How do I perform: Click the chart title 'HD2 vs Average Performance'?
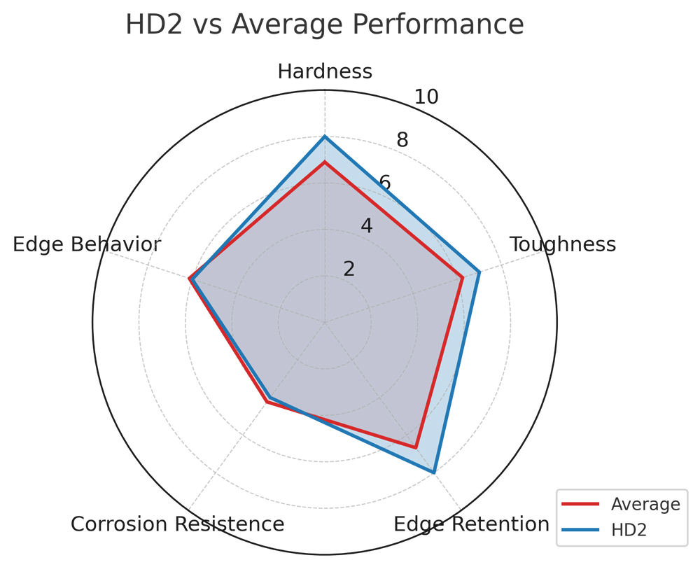click(x=324, y=25)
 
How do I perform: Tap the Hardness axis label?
click(x=324, y=71)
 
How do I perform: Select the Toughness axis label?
click(x=562, y=244)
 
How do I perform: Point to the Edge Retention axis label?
click(x=471, y=524)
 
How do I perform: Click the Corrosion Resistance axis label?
click(x=177, y=524)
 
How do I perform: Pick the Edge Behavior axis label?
click(x=85, y=244)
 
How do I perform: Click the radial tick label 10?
click(x=426, y=98)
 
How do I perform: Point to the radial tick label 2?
click(x=349, y=269)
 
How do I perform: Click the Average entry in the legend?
click(x=645, y=504)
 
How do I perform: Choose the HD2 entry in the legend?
click(x=628, y=531)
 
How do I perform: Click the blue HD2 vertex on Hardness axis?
click(x=324, y=136)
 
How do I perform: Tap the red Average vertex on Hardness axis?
click(x=324, y=162)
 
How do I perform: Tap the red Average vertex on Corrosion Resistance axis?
click(x=266, y=402)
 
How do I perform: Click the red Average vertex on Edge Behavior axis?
click(x=189, y=279)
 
